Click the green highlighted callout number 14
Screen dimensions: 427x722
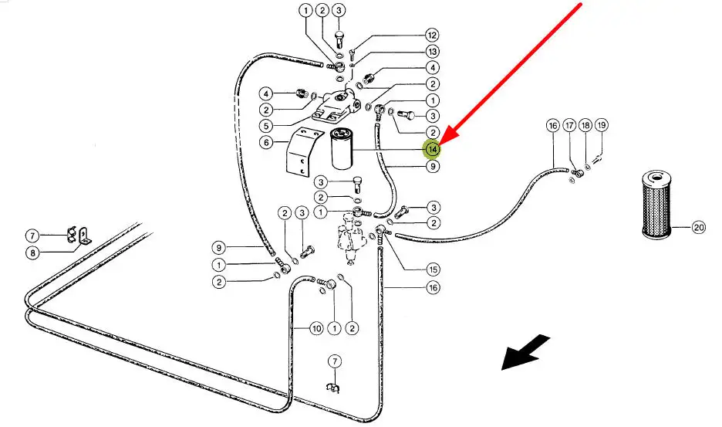(x=434, y=148)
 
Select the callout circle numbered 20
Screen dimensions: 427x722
(x=699, y=227)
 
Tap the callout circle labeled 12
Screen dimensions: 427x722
(x=432, y=36)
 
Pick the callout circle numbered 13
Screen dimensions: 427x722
(x=432, y=52)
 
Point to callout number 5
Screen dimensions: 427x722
(x=265, y=126)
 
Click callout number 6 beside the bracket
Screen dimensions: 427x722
(x=265, y=142)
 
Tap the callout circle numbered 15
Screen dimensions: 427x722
(x=433, y=269)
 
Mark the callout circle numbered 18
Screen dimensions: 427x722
(x=585, y=125)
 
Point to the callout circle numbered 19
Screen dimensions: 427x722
(x=602, y=125)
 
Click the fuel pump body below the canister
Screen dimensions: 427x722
(x=353, y=235)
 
